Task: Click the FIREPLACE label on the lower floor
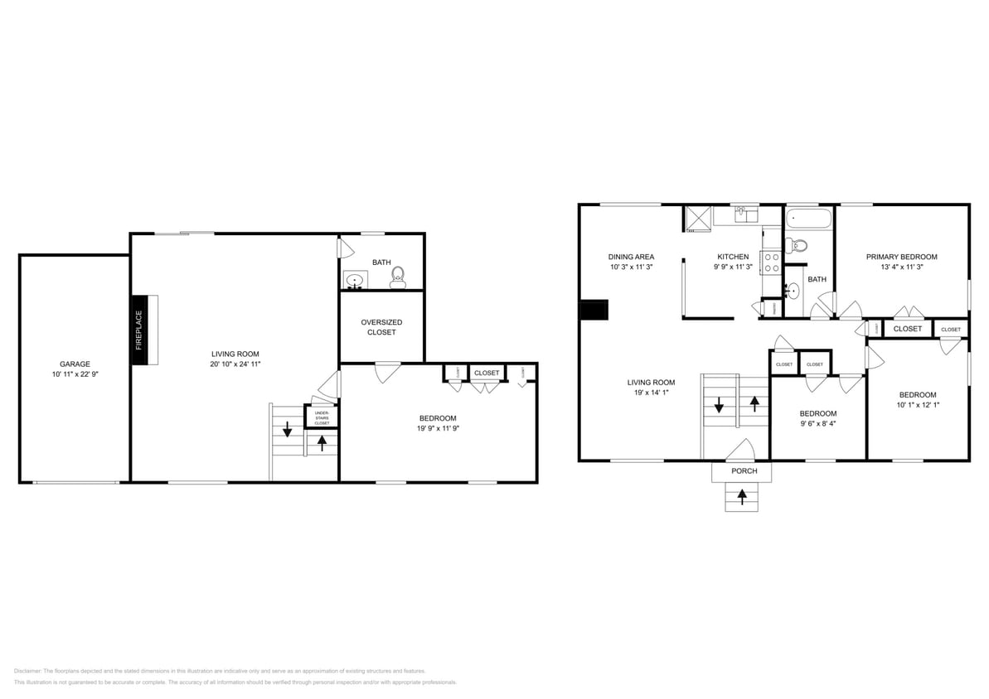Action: [x=138, y=329]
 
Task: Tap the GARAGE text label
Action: [x=75, y=364]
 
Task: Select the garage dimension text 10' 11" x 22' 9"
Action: [x=75, y=374]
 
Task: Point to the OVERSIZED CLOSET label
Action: [x=381, y=327]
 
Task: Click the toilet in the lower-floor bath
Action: [x=397, y=276]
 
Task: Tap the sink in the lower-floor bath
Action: [x=356, y=281]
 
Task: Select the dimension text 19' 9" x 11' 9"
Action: [x=437, y=429]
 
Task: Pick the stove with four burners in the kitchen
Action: [x=771, y=263]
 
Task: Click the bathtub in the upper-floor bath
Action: [x=808, y=219]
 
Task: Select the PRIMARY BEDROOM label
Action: [x=901, y=257]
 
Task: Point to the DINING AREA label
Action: [x=631, y=257]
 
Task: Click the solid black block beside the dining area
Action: [x=594, y=310]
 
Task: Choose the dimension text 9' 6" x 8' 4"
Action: [x=817, y=424]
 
